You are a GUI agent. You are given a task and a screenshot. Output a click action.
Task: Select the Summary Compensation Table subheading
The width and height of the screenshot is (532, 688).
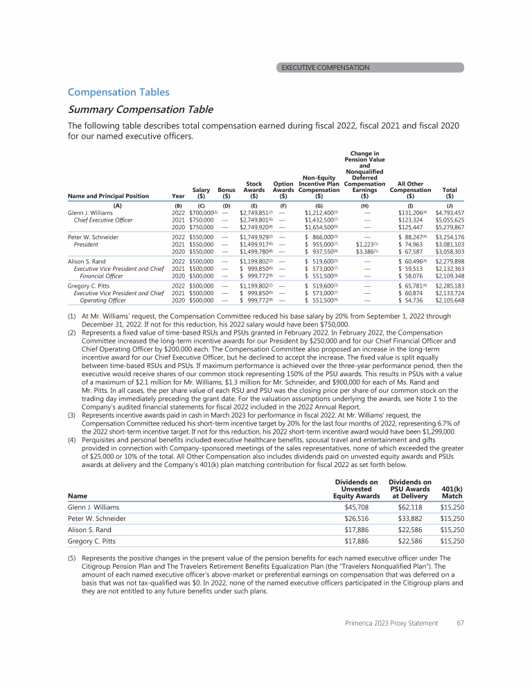point(140,109)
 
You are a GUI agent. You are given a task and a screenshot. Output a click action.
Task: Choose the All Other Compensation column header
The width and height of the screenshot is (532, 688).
point(411,190)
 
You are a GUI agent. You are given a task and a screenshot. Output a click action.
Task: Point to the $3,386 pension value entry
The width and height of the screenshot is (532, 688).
point(365,252)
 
